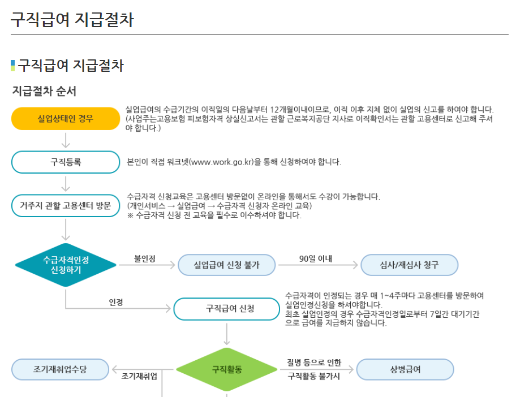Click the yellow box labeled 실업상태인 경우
tap(66, 118)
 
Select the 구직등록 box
tap(66, 162)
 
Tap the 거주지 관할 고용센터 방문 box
tap(66, 205)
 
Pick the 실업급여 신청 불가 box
tap(226, 265)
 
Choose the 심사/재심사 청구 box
tap(409, 265)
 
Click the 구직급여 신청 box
tap(226, 309)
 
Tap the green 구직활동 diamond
tap(227, 370)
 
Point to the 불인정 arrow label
tap(145, 259)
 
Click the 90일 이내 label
tap(316, 259)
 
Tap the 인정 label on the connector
tap(116, 303)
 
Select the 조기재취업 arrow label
tap(139, 376)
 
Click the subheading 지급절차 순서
tap(44, 90)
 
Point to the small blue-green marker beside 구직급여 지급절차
tap(13, 66)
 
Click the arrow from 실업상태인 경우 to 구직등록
tap(66, 140)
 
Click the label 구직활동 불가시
tap(314, 376)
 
